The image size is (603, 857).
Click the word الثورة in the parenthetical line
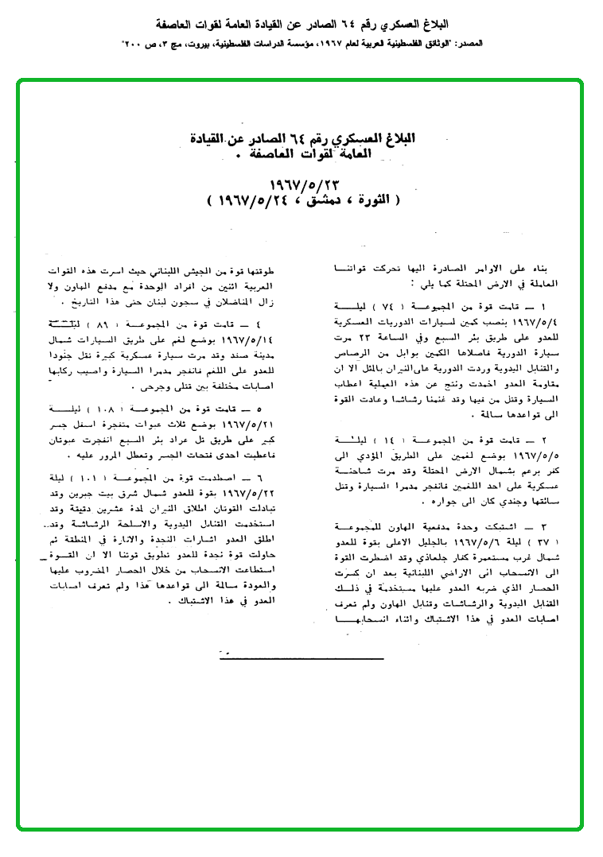365,199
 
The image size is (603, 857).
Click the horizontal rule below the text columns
301,656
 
